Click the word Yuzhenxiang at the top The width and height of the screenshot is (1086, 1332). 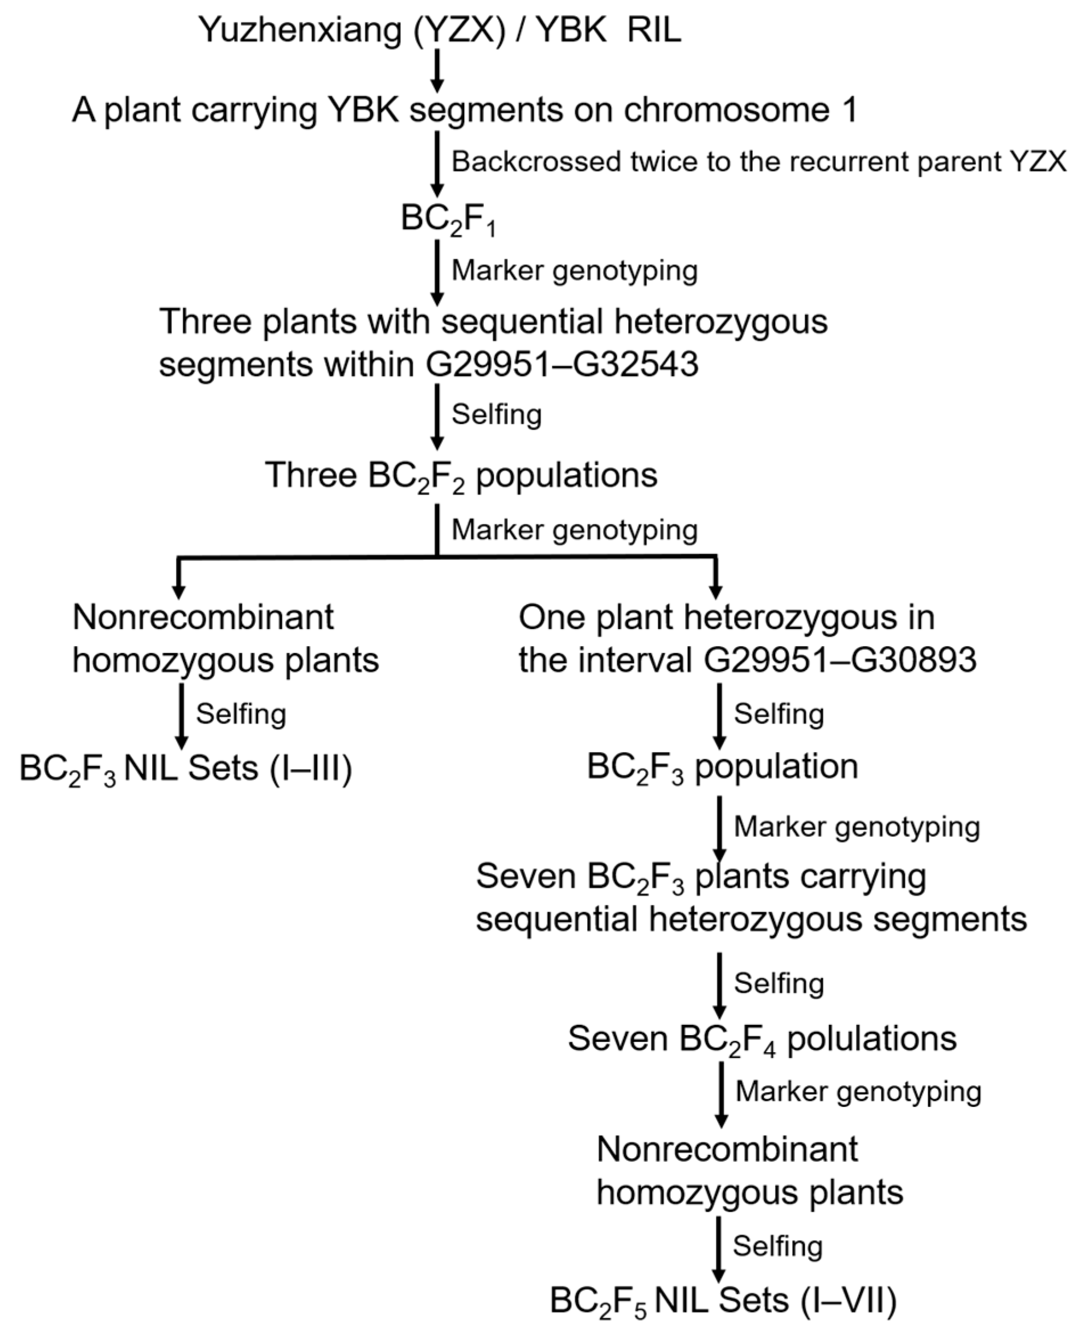(x=300, y=30)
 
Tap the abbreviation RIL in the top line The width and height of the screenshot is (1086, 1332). (x=654, y=30)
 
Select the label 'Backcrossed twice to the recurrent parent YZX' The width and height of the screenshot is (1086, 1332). (x=758, y=161)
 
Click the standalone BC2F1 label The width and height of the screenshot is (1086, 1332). (x=448, y=220)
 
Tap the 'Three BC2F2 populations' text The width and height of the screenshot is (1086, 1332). (x=461, y=476)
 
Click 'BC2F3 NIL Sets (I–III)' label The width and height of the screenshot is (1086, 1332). (x=186, y=769)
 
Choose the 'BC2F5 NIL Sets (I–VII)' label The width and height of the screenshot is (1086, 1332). (x=723, y=1301)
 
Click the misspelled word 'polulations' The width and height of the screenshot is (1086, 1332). (x=871, y=1039)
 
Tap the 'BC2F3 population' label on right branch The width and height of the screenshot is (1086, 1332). (x=722, y=767)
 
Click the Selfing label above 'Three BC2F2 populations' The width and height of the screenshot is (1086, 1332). (x=496, y=414)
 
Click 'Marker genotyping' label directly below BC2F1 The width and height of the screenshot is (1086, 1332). (x=574, y=271)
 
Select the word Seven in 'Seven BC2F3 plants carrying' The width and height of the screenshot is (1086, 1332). (x=526, y=876)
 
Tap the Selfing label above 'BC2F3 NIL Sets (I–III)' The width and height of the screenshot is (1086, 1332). (x=241, y=713)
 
